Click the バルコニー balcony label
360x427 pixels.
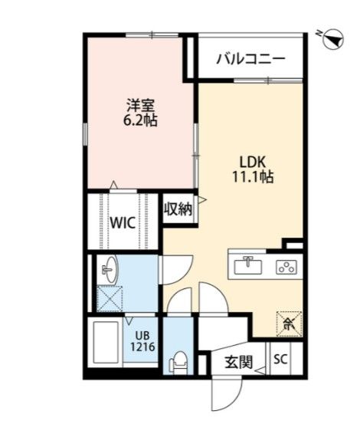coord(250,57)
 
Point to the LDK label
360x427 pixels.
coord(252,162)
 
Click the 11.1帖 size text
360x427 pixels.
coord(252,177)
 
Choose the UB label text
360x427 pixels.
coord(143,335)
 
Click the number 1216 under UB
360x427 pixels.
coord(143,347)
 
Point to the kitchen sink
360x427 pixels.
coord(247,266)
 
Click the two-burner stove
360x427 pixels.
coord(286,268)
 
